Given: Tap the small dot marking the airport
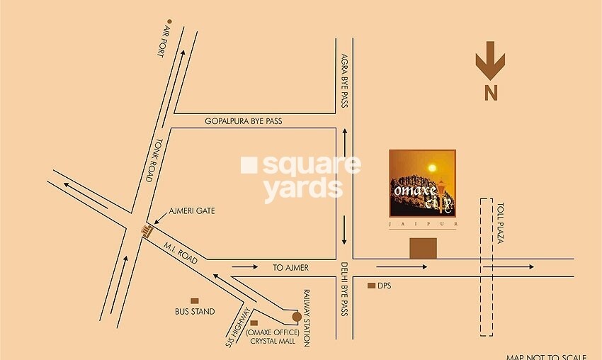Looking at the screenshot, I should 169,22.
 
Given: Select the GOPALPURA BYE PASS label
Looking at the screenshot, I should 244,121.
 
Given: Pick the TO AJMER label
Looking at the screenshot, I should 291,268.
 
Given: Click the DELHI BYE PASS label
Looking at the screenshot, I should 345,289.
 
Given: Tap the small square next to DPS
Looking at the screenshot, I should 370,286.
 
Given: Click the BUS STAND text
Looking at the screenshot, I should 195,312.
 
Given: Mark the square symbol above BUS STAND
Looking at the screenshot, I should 195,300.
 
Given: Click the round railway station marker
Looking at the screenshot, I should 297,316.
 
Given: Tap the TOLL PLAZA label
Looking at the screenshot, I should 499,223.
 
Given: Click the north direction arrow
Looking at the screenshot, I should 490,63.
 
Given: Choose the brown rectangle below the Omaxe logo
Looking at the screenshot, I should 423,248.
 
